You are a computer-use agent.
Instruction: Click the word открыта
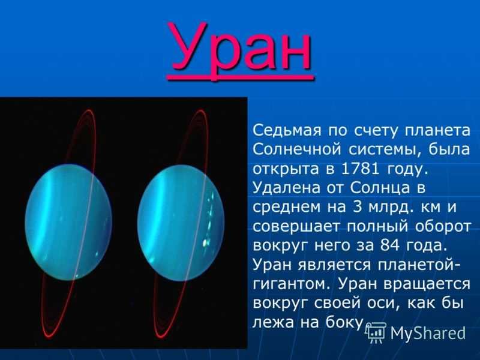286,170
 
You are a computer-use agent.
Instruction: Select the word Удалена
286,188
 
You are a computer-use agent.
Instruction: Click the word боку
344,322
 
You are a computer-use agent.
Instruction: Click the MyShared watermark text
428,333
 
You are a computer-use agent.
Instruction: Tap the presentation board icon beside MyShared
377,333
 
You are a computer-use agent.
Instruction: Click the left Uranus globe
68,222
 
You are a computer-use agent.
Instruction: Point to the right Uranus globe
181,223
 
